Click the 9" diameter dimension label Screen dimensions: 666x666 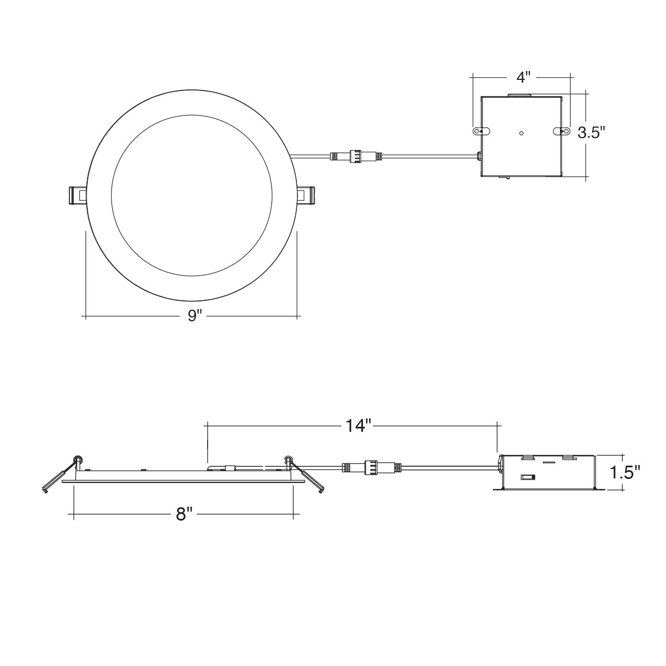[x=195, y=315]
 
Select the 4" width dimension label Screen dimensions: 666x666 [x=523, y=77]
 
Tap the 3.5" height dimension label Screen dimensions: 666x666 [x=592, y=133]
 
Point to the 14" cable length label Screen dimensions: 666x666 [x=358, y=426]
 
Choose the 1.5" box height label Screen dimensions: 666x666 [x=624, y=472]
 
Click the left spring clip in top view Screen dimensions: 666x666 [x=77, y=196]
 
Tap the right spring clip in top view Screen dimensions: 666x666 [x=306, y=196]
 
